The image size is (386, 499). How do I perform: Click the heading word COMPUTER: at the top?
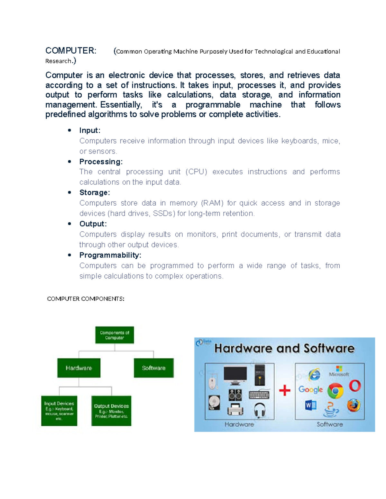point(71,51)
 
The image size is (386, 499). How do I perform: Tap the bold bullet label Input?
point(90,130)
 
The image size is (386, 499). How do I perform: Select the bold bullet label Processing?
point(101,162)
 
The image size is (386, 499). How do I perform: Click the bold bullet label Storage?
point(95,193)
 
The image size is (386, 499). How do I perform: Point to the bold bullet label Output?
point(93,224)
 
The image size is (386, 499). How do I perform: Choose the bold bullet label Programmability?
point(110,255)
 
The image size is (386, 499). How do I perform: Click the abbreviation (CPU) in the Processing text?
point(196,172)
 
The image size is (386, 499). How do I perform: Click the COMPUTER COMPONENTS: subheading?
point(86,299)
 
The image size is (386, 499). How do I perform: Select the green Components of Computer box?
point(115,335)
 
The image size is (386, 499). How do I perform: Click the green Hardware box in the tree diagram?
point(79,368)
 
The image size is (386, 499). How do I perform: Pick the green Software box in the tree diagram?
point(154,368)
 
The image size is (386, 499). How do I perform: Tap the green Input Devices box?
point(59,411)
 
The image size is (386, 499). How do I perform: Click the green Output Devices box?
point(111,411)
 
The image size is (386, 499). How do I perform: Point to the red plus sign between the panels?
point(285,390)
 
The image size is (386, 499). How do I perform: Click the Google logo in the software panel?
point(310,389)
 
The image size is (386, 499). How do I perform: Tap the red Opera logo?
point(355,386)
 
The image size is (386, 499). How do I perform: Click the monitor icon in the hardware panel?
point(235,375)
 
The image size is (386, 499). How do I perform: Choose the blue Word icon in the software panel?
point(311,405)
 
